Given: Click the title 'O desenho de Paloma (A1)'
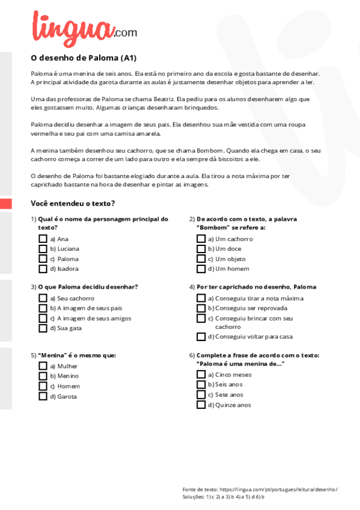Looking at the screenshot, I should coord(84,58).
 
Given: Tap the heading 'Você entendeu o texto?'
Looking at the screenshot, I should coord(73,203).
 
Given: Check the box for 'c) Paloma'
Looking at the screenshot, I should coord(43,259).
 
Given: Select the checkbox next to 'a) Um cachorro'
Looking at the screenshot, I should coord(201,239).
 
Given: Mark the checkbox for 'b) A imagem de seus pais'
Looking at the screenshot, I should coord(43,308).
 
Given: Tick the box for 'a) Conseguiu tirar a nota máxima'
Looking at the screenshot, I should coord(201,298).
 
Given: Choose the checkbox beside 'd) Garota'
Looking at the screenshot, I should coord(43,396).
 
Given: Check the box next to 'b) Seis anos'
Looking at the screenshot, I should coord(201,384).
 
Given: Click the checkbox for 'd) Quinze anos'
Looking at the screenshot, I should coord(201,405).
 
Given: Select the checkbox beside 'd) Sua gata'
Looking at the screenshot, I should coord(43,328).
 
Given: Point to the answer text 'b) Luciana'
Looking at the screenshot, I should coord(64,249).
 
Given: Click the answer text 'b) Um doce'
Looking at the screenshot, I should coord(224,249).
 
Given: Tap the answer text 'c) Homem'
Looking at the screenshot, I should coord(64,386).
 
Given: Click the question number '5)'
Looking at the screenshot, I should coord(34,355).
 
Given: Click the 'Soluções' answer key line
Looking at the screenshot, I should coord(224,497).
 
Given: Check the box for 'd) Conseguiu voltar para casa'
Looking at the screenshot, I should coord(201,337).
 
